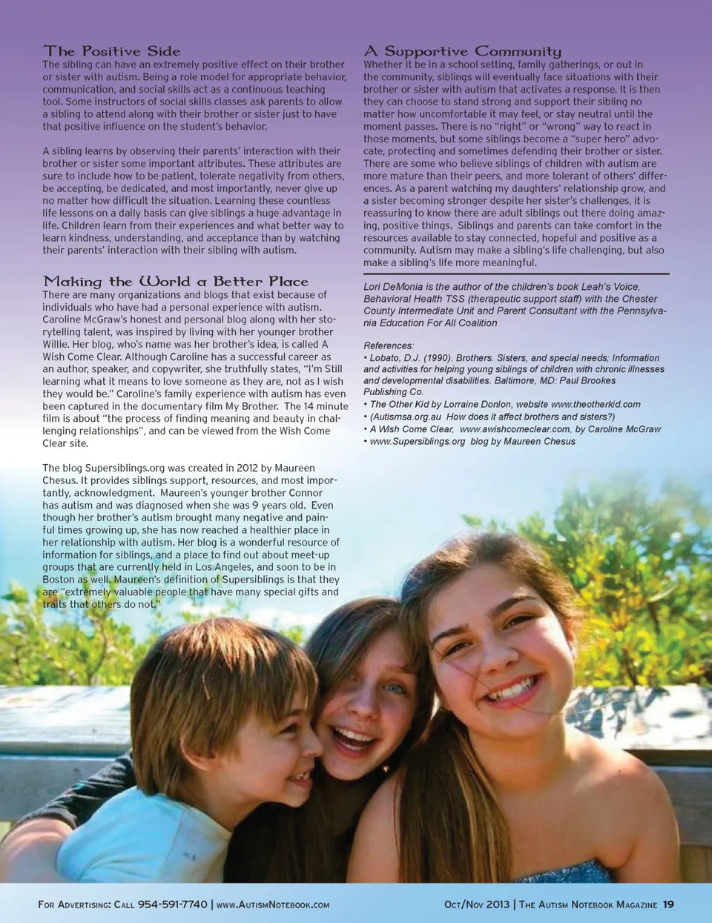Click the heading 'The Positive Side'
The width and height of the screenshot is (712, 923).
point(111,51)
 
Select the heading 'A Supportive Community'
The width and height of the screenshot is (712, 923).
point(462,51)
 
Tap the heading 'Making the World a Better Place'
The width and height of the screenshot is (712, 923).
point(176,282)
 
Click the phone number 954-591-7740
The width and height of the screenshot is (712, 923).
point(172,904)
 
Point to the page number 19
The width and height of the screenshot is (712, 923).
point(668,904)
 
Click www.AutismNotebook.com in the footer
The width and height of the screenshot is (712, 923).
point(273,904)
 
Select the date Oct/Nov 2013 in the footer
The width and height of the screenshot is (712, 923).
point(477,904)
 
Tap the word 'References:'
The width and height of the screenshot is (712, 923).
point(389,345)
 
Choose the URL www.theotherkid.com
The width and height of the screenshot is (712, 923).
point(596,404)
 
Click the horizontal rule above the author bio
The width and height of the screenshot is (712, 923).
point(516,274)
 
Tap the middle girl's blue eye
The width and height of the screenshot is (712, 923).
point(393,689)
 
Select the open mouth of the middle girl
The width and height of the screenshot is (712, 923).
point(352,738)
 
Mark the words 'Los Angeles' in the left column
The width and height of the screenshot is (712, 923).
point(222,567)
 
